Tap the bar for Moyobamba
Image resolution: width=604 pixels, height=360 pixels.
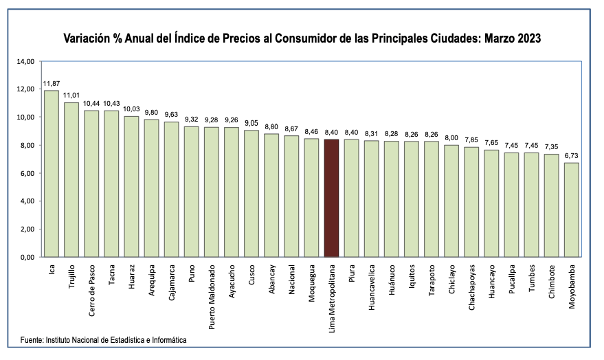coord(572,210)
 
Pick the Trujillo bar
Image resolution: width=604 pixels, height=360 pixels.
coord(71,179)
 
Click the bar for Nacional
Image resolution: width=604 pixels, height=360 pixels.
coord(291,196)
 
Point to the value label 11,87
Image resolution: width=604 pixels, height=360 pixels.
coord(51,84)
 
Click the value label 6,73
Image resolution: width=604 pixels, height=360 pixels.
coord(572,156)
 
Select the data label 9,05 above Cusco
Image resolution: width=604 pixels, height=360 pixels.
coord(251,124)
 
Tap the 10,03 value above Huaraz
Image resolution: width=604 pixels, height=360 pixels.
coord(131,109)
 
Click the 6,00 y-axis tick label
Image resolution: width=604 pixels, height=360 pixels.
coord(26,173)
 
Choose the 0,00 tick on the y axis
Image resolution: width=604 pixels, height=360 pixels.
coord(26,257)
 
